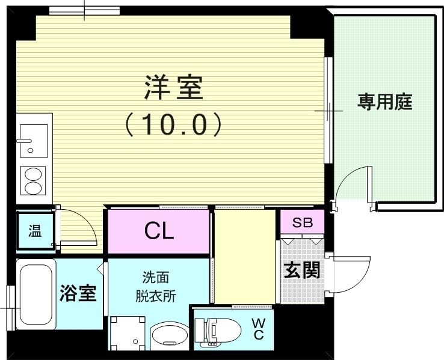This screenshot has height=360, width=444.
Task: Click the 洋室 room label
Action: click(173, 89)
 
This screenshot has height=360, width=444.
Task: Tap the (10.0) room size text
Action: click(174, 124)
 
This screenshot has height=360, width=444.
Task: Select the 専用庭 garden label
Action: click(385, 102)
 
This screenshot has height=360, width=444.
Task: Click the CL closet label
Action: click(159, 231)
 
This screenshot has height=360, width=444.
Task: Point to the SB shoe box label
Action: click(302, 222)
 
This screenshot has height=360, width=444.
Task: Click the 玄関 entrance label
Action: click(301, 270)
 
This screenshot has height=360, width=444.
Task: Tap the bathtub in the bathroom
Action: click(35, 294)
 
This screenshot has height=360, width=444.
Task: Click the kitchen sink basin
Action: click(34, 138)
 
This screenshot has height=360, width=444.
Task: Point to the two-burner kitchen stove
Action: click(34, 180)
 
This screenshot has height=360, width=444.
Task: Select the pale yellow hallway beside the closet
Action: click(244, 255)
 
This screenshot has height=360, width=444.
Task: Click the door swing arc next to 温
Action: click(76, 228)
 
